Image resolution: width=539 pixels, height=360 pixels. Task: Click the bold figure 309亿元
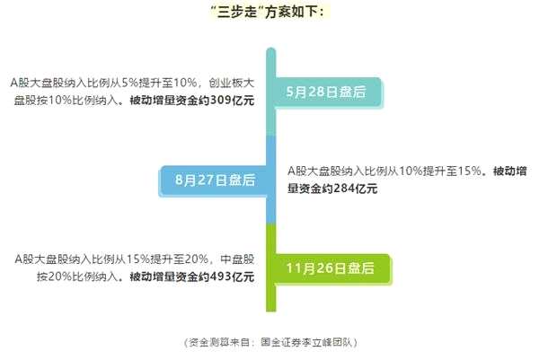[x=232, y=100]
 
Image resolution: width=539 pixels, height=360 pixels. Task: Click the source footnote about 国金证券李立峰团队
[x=270, y=342]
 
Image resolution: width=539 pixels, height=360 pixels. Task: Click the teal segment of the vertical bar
[x=271, y=99]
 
